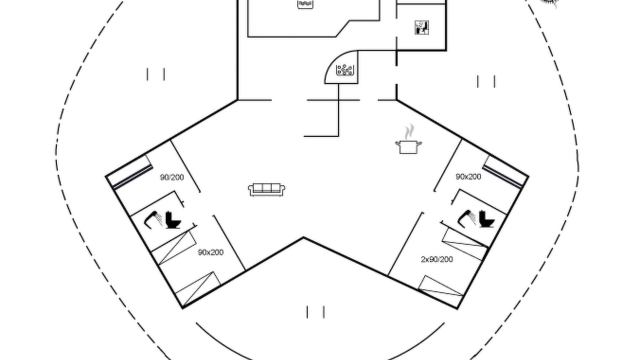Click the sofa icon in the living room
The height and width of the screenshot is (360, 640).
click(266, 189)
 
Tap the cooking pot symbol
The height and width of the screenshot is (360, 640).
click(408, 147)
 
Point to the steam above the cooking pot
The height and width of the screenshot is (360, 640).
click(409, 131)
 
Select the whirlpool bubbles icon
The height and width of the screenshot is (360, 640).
click(345, 70)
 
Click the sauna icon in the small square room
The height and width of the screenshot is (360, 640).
click(421, 27)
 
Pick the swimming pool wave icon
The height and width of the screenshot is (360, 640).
click(305, 4)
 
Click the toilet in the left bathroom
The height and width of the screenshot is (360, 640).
click(173, 220)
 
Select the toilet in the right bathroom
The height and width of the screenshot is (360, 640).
click(486, 219)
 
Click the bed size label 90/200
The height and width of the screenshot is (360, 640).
click(171, 177)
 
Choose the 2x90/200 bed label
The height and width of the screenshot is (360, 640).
click(437, 259)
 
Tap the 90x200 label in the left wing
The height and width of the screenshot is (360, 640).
click(210, 252)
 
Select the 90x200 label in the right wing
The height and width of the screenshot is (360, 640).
click(468, 176)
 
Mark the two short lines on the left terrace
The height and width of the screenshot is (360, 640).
click(155, 74)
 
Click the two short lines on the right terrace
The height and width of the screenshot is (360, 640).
click(486, 81)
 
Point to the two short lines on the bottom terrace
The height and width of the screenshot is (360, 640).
click(315, 312)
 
